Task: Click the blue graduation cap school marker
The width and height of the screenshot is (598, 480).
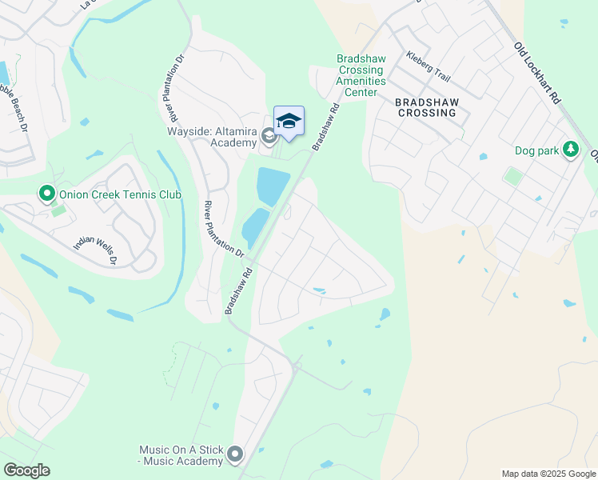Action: pyautogui.click(x=289, y=122)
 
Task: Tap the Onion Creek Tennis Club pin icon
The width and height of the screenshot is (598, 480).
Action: pyautogui.click(x=46, y=194)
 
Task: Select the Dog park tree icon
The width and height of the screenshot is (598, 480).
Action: pyautogui.click(x=571, y=150)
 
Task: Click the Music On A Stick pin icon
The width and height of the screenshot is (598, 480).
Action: pyautogui.click(x=234, y=454)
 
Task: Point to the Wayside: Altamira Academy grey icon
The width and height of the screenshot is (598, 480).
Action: pyautogui.click(x=269, y=138)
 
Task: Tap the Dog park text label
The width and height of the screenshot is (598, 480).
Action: pyautogui.click(x=536, y=150)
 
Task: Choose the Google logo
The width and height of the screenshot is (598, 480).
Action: pyautogui.click(x=27, y=470)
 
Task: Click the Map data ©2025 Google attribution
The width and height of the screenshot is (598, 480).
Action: pyautogui.click(x=548, y=474)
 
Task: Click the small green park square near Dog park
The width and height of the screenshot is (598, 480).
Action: pyautogui.click(x=512, y=176)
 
